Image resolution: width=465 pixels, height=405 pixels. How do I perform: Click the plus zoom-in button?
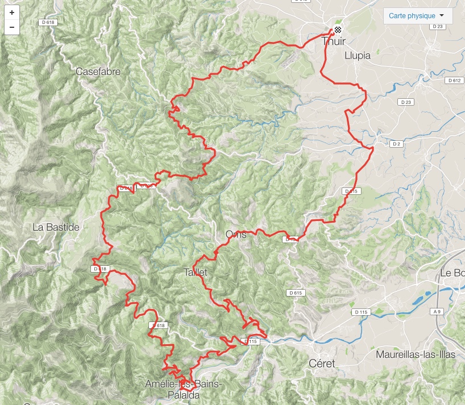pos(12,12)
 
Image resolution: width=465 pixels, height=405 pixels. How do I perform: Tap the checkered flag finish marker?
pos(338,30)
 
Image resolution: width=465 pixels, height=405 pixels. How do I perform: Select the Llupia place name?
pos(358,56)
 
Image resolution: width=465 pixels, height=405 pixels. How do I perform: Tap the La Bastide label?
pos(56,227)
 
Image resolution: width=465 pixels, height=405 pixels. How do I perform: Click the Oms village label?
pos(235,234)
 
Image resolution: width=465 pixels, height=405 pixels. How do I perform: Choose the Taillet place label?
pos(196,272)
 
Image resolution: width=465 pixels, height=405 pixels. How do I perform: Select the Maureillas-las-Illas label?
pos(416,354)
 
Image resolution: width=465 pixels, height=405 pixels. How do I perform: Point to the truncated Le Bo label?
pos(452,273)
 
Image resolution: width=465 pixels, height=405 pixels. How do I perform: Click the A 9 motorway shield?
pos(437,311)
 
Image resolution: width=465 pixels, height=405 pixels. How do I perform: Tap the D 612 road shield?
pos(454,81)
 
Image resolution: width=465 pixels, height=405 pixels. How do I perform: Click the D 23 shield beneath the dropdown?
pos(437,27)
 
